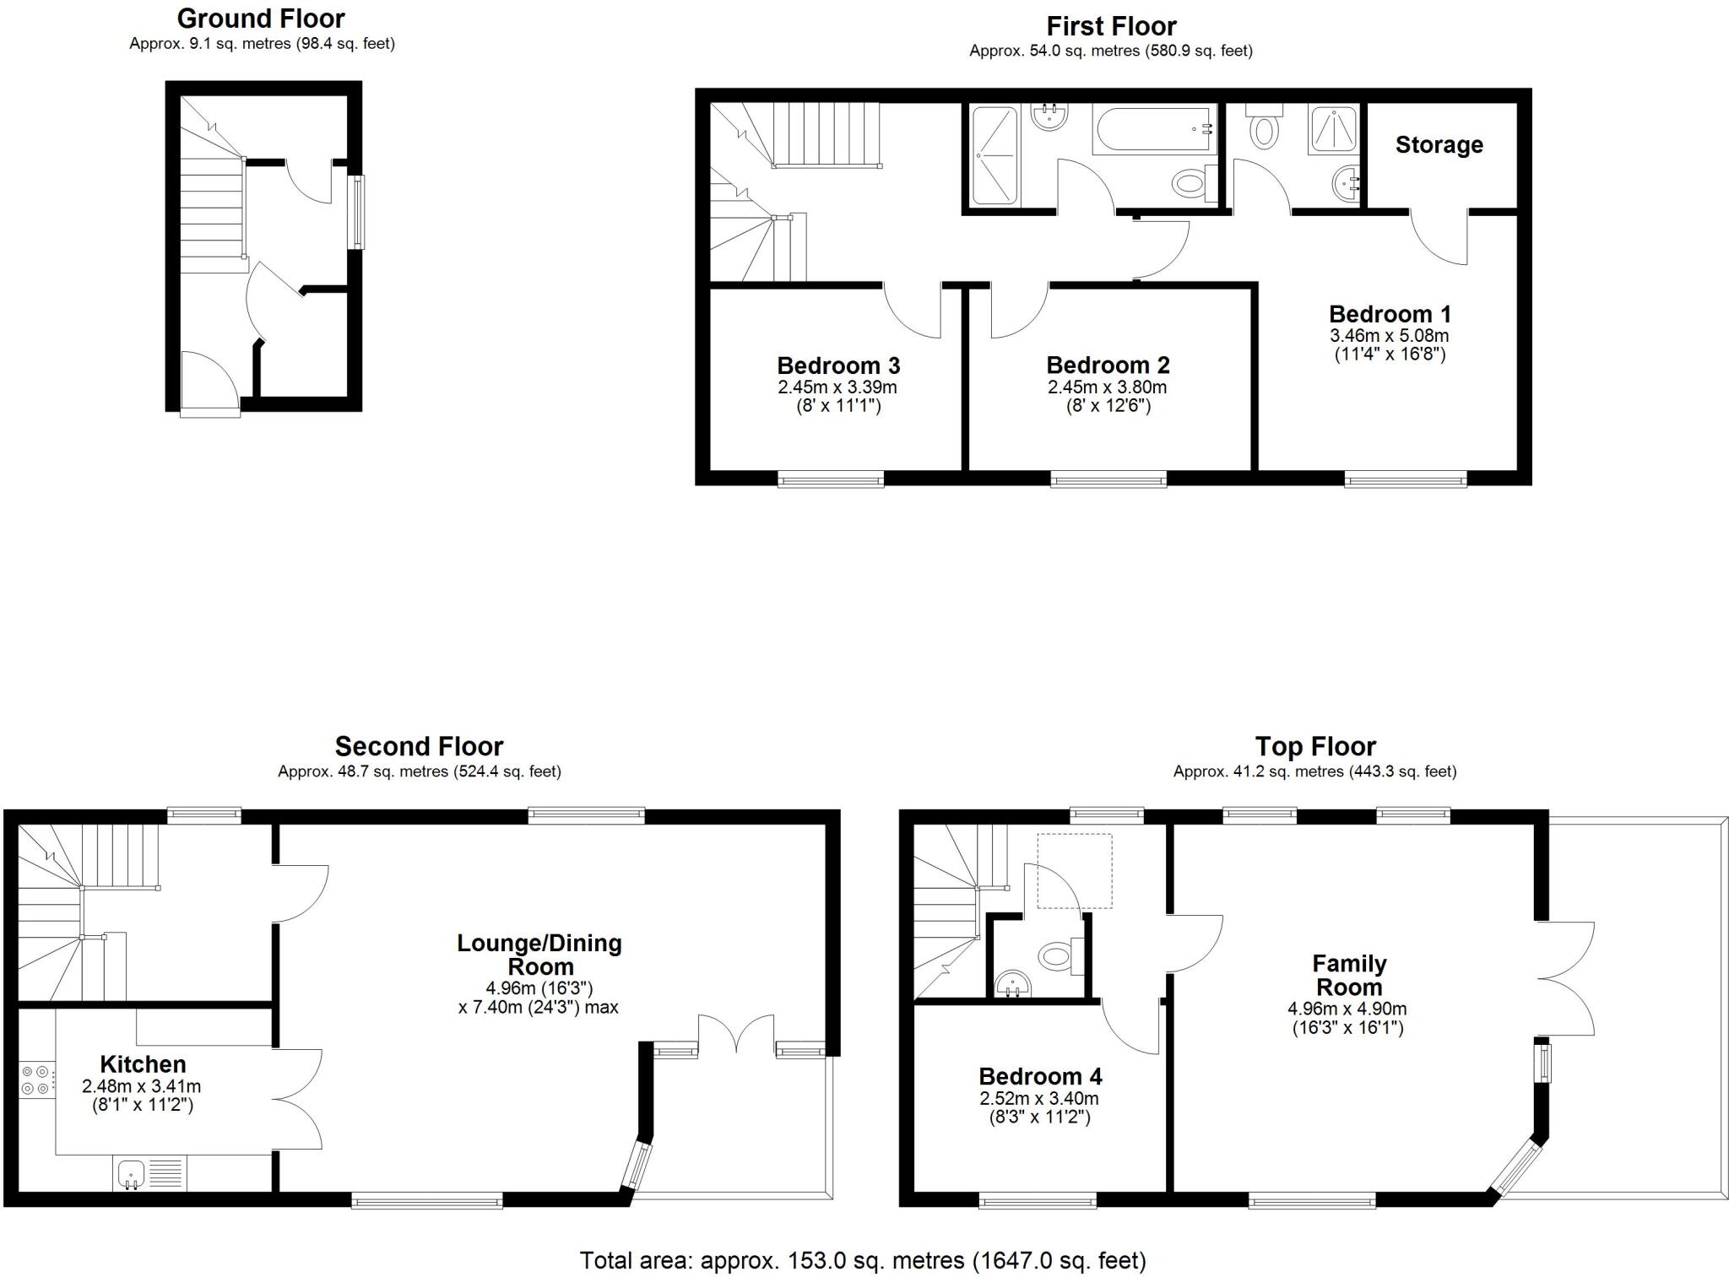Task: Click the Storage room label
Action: (1439, 145)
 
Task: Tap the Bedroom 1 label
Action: (1390, 315)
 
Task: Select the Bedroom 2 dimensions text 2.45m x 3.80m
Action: (1107, 387)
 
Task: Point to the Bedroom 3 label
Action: (838, 366)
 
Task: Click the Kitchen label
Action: (143, 1064)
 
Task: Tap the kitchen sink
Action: (132, 1173)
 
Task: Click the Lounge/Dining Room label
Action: (539, 955)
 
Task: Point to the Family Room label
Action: (1349, 975)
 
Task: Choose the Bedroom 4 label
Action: (1040, 1077)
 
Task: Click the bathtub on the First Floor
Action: (1154, 130)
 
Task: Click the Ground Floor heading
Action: (261, 19)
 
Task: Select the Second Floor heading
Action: (419, 747)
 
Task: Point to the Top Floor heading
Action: (1315, 747)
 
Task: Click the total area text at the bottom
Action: (863, 1261)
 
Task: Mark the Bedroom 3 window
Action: (831, 480)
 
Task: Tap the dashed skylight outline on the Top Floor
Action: (1074, 870)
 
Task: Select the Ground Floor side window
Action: (358, 212)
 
